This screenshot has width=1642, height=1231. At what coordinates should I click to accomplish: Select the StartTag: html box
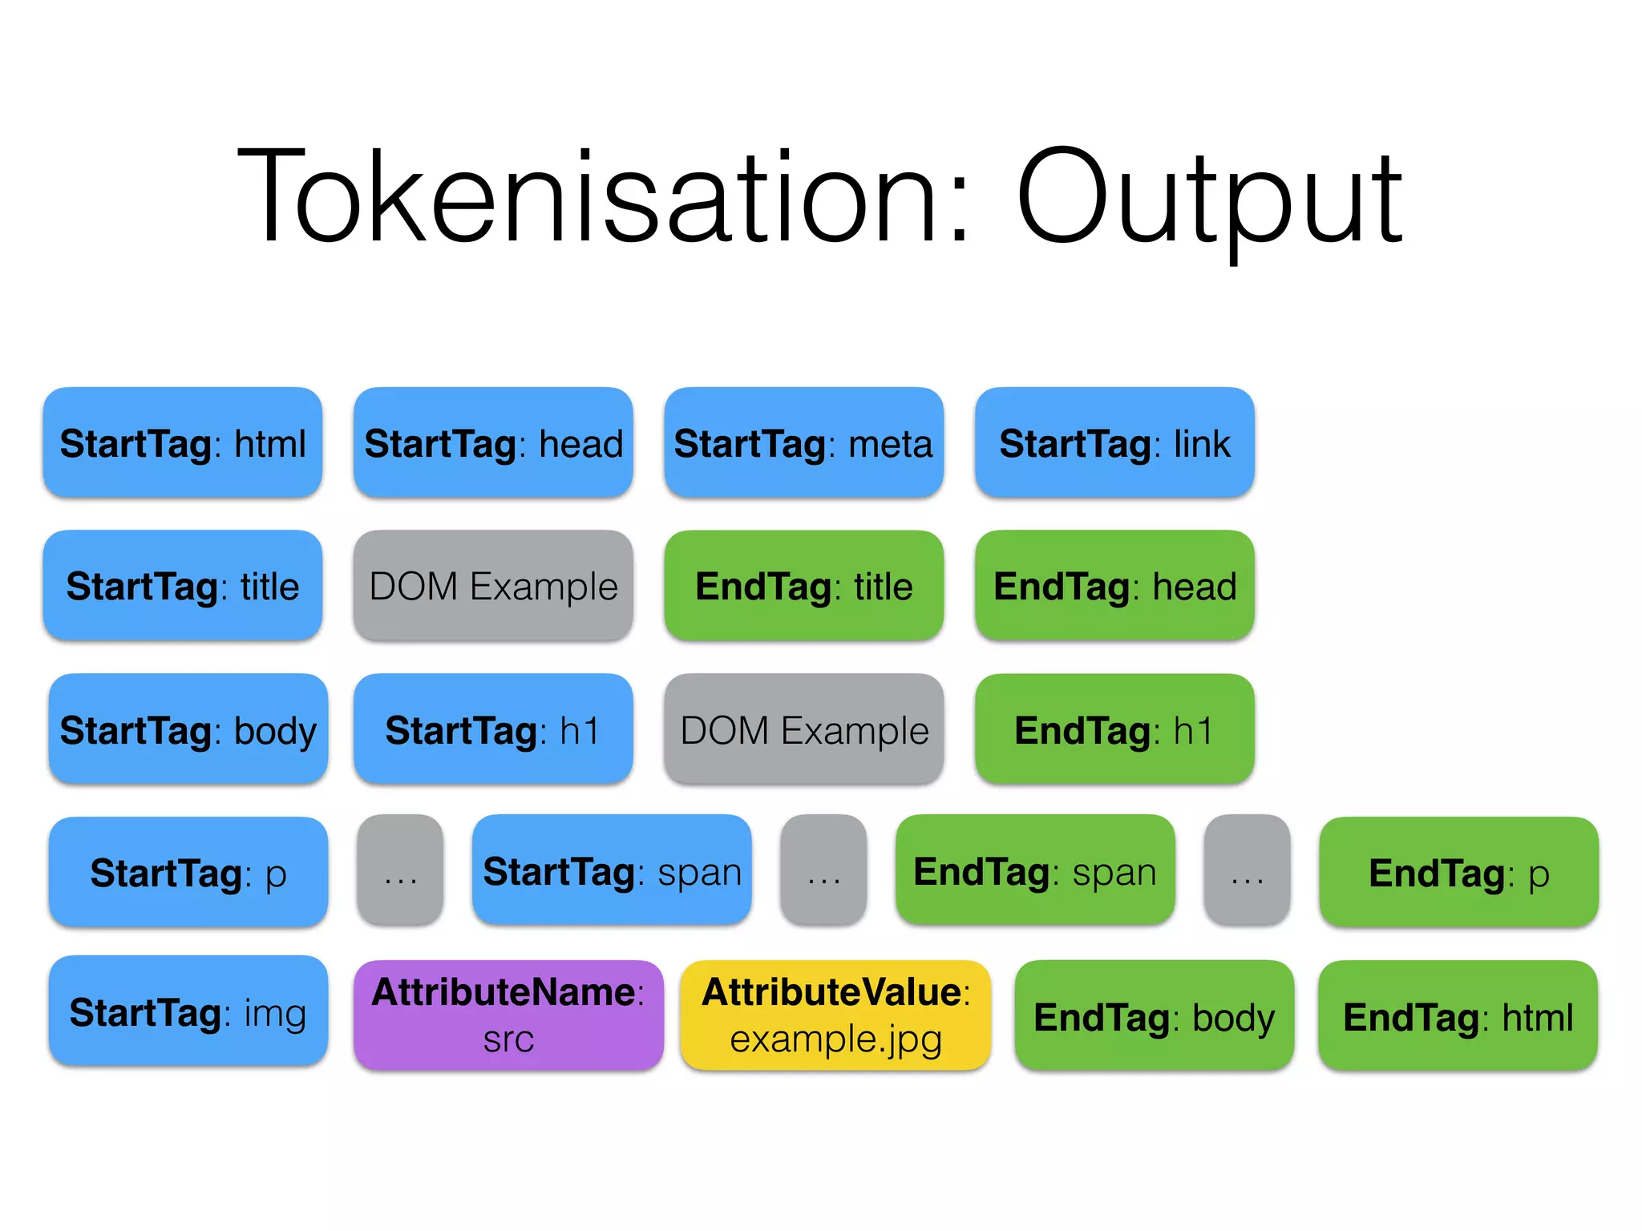(183, 443)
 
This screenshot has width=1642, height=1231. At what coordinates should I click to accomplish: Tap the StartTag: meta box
(803, 443)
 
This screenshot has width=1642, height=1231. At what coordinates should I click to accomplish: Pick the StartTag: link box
(1114, 443)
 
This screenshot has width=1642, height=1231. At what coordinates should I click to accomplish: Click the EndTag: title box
(803, 586)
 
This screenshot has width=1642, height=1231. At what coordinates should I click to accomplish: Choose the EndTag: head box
(1114, 586)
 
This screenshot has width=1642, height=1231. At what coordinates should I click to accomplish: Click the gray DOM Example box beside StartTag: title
(493, 586)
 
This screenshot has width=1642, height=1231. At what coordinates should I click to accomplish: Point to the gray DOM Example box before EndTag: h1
(803, 729)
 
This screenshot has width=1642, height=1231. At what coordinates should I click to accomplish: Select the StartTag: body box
(188, 729)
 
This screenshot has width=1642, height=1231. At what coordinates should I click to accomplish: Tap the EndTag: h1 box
(1114, 729)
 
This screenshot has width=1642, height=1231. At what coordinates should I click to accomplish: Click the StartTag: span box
(612, 871)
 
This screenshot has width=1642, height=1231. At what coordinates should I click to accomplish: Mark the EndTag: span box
(1035, 871)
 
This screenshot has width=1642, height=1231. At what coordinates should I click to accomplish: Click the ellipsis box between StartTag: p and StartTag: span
(400, 871)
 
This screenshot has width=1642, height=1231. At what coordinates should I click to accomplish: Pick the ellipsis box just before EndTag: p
(1247, 871)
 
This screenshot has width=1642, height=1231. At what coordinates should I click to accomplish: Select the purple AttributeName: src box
(508, 1015)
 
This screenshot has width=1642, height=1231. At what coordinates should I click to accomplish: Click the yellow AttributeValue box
(835, 1015)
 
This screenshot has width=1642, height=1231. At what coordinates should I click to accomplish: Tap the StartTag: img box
(188, 1011)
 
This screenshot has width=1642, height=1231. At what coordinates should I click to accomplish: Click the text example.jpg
(835, 1039)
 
